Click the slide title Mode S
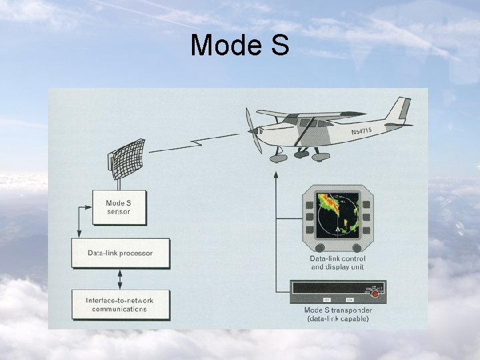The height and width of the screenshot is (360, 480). click(239, 45)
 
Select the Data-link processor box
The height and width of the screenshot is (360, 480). click(121, 253)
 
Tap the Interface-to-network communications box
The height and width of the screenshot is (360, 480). click(120, 305)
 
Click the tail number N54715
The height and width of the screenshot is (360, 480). click(367, 130)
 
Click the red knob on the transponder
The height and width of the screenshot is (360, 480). click(377, 292)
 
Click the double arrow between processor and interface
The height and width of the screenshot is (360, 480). click(120, 279)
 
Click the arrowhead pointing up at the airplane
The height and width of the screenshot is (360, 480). click(275, 175)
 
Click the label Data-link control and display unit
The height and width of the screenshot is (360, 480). click(337, 263)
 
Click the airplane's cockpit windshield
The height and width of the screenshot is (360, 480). click(291, 123)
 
